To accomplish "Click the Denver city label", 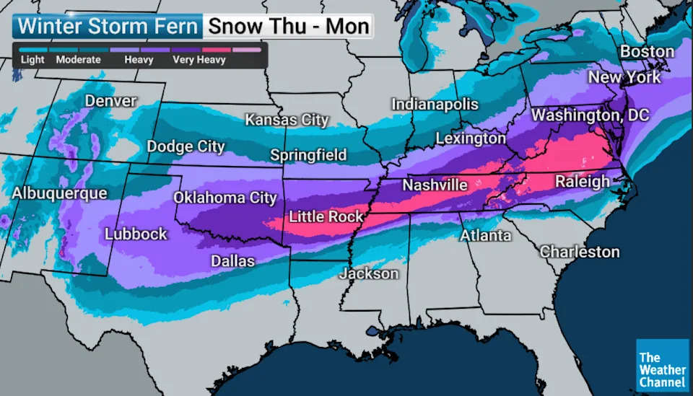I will point(110,101).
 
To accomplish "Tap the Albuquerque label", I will point(59,193).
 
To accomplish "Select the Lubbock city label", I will point(136,234).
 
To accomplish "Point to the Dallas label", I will point(232,261).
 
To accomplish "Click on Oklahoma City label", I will point(225,198).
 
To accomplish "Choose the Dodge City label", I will point(186,147).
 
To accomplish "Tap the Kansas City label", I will point(287,120).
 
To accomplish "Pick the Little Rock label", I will point(326,216).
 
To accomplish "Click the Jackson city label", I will point(369,274).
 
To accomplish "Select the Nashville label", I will point(435,185).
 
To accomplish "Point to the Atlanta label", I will point(487,236).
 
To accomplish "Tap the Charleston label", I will point(580,252).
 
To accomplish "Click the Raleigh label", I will point(583,182).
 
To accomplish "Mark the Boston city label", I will point(648,52).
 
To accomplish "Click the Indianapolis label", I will point(435,105).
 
